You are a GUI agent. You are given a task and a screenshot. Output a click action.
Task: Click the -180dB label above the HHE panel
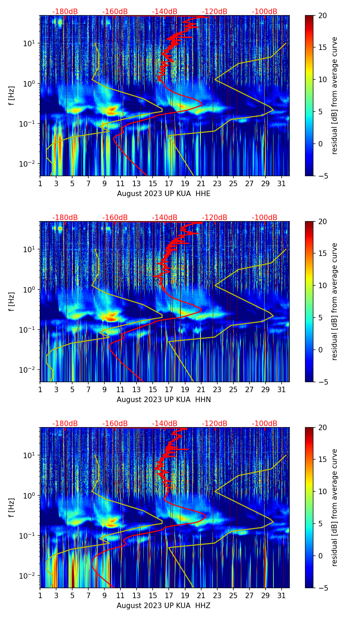click(x=65, y=12)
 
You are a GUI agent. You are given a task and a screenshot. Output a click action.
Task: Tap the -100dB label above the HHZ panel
click(x=265, y=424)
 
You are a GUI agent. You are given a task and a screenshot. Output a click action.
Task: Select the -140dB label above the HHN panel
click(x=165, y=218)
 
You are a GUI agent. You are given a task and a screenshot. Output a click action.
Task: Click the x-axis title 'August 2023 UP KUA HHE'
click(x=164, y=194)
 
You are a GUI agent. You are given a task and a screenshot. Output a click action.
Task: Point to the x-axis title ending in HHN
click(x=164, y=400)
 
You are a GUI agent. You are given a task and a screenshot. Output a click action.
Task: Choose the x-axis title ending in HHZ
click(x=164, y=606)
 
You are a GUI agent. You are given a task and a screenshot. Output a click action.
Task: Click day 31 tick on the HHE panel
click(x=282, y=184)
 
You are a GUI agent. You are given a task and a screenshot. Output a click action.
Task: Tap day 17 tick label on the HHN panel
click(x=169, y=390)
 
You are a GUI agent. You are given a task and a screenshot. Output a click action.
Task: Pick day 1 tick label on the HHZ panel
click(x=40, y=596)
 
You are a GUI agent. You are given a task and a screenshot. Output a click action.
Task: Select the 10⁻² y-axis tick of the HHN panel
click(x=30, y=370)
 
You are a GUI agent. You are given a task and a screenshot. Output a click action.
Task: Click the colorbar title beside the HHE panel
click(x=334, y=95)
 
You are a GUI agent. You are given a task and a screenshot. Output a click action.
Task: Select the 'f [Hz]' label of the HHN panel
click(x=13, y=301)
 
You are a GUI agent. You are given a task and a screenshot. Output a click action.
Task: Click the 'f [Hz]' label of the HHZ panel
click(x=13, y=507)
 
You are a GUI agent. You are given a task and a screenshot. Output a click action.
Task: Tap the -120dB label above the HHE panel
click(x=215, y=12)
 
